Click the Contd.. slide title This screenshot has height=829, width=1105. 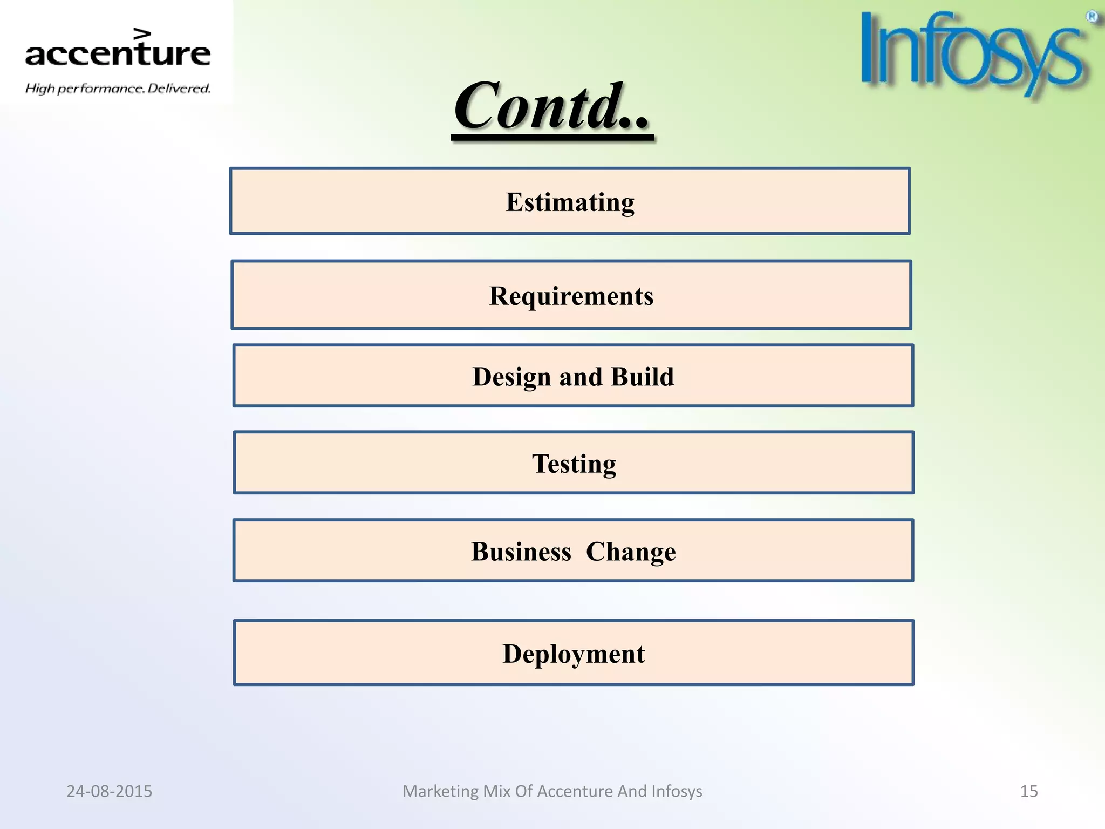coord(552,106)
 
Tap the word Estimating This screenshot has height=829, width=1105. coord(570,202)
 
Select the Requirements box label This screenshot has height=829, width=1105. coord(571,296)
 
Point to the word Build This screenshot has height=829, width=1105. coord(642,377)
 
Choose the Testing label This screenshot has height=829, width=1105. coord(574,464)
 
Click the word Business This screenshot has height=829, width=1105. coord(521,552)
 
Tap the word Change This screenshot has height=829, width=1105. coord(630,552)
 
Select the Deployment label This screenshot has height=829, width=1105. coord(574,654)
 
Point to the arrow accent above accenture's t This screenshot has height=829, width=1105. coord(142,34)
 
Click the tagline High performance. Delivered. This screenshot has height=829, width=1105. coord(118,89)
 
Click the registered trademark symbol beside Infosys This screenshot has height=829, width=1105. coord(1092,17)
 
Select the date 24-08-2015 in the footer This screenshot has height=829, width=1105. coord(109,791)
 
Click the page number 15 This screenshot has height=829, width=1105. coord(1028,791)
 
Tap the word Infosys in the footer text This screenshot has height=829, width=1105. coord(677,791)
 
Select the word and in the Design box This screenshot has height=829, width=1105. coord(581,377)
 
